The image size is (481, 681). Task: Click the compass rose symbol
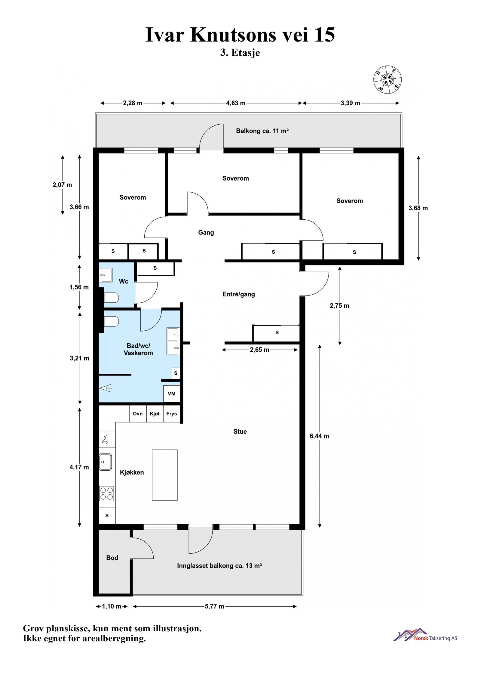tap(388, 79)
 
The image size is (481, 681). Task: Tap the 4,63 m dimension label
tap(236, 103)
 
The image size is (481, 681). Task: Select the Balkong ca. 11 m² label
tap(262, 131)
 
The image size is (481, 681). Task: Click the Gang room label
tap(206, 232)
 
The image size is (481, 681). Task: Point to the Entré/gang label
tap(238, 294)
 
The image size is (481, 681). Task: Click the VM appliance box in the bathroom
tap(172, 394)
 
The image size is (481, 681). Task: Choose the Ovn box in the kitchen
tap(138, 414)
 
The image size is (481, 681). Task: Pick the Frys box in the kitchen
tap(172, 414)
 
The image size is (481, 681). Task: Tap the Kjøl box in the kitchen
tap(155, 414)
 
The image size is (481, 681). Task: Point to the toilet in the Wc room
tap(111, 298)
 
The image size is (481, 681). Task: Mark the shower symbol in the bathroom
tap(106, 388)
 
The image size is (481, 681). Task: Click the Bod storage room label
tap(112, 558)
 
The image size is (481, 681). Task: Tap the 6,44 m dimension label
tap(319, 436)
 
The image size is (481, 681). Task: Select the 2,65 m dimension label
tap(259, 350)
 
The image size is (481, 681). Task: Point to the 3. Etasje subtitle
tap(240, 53)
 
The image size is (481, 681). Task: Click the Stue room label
tap(240, 432)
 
